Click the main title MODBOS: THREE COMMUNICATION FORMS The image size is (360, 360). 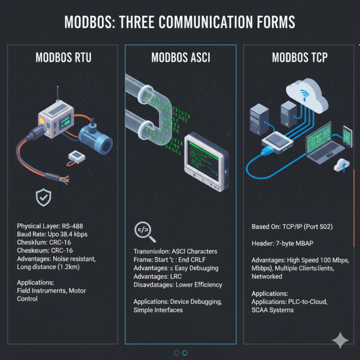click(180, 22)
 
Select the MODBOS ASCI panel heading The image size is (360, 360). click(180, 58)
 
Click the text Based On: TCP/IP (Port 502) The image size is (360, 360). click(292, 227)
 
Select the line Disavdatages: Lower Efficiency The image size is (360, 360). click(178, 285)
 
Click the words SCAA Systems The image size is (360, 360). click(273, 310)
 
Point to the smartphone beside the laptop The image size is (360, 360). click(347, 136)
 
